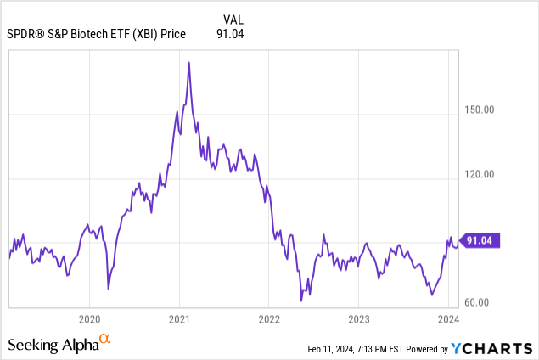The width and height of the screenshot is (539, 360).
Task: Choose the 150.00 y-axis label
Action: (x=480, y=110)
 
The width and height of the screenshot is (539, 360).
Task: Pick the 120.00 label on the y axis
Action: (x=480, y=175)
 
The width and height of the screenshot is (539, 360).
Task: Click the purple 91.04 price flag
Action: (x=481, y=241)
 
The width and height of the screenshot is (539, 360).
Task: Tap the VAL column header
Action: (x=232, y=19)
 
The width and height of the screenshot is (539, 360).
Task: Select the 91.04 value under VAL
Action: (x=231, y=35)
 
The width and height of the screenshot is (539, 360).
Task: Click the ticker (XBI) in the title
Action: (x=154, y=35)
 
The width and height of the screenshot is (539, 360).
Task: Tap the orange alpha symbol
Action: (x=105, y=340)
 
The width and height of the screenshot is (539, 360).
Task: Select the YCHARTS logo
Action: (x=491, y=348)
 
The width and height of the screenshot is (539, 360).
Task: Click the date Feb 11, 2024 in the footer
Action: (x=329, y=349)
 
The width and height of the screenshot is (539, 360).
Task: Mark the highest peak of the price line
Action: (x=188, y=62)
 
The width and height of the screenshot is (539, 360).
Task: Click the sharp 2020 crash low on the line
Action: (x=109, y=289)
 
